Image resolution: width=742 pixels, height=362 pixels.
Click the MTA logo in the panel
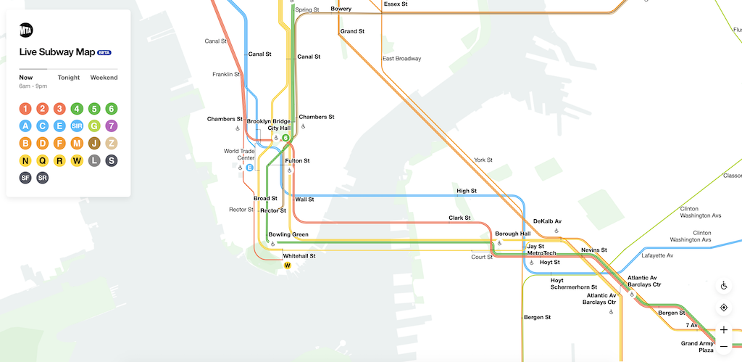coord(26,30)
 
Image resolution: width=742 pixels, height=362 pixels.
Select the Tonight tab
coord(69,78)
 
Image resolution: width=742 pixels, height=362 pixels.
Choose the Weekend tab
coord(104,78)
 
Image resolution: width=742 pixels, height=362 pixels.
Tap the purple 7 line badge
coord(111,126)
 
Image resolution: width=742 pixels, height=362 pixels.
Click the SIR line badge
coord(77,126)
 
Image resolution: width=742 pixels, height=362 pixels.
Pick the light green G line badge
coord(93,126)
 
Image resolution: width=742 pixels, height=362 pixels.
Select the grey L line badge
coord(93,160)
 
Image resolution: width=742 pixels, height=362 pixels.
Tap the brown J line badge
coord(93,143)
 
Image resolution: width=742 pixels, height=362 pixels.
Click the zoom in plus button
coord(723,329)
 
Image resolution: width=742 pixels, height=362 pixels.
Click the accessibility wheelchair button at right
coord(723,286)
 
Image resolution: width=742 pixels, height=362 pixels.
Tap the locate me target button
coord(723,308)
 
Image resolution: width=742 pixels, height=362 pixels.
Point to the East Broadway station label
coord(401,59)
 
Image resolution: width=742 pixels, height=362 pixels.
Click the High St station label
coord(466,192)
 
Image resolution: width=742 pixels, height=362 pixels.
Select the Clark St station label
coord(459,218)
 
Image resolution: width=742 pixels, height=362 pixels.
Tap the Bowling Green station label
coord(288,234)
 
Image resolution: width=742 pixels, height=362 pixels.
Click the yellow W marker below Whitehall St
coord(287,266)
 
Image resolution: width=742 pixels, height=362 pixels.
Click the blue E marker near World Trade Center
coord(249,168)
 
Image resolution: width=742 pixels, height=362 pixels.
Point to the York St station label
coord(483,160)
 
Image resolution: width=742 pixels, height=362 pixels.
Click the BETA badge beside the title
coord(104,53)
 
